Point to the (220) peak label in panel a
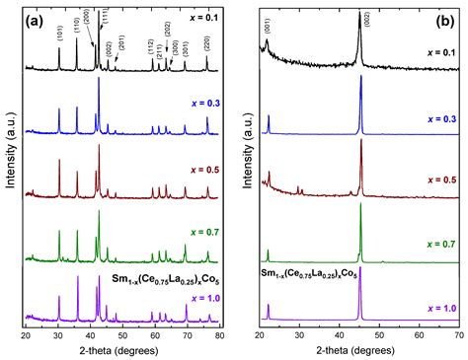tap(206, 43)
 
